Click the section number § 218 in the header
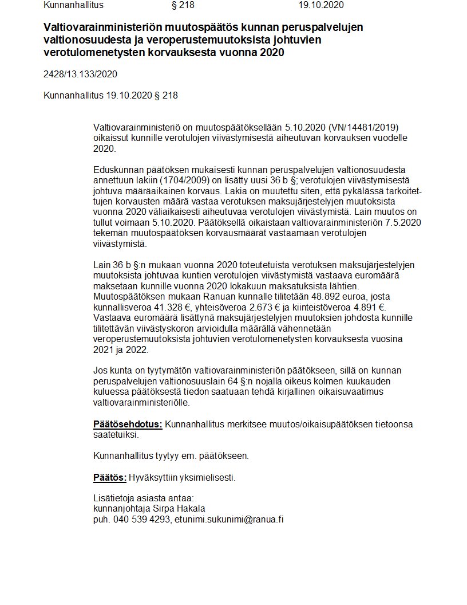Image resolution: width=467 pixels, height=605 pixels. (x=183, y=5)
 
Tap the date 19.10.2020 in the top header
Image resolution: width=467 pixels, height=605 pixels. (x=321, y=5)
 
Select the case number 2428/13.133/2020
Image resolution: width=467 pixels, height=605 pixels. (x=80, y=74)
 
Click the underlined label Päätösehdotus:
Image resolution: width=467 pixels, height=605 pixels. (x=128, y=424)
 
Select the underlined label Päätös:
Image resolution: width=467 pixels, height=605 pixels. (x=109, y=477)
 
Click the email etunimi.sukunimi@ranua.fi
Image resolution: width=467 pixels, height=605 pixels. (x=230, y=520)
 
